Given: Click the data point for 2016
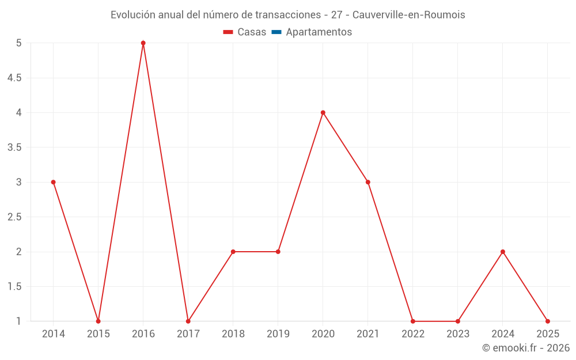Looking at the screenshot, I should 143,43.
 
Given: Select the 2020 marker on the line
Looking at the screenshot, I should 323,112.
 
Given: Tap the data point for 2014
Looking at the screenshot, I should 54,182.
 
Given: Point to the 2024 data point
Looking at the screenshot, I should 503,252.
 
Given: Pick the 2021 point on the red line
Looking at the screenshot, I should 368,182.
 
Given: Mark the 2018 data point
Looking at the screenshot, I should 233,252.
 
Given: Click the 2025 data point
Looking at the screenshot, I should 548,321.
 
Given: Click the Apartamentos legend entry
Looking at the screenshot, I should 319,32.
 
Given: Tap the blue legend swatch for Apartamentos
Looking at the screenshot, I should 276,32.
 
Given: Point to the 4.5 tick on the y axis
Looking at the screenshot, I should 14,78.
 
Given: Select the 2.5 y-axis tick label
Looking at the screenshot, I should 14,217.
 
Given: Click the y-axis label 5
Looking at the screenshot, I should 19,43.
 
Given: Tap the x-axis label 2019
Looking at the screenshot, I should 278,334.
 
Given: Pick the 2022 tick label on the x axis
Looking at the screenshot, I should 413,334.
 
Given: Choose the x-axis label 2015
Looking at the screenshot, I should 98,334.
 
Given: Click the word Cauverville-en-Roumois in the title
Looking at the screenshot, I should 408,15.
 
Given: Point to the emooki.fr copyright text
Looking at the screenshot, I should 525,348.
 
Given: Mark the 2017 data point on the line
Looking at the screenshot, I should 188,321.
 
